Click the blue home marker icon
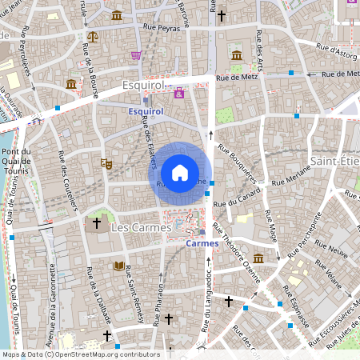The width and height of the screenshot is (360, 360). pos(180,173)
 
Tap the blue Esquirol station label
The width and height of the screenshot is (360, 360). pos(146,112)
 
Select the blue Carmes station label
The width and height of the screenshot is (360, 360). pos(202,243)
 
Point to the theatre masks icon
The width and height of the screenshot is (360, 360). pos(106,163)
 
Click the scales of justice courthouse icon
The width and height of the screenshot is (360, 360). pos(94,36)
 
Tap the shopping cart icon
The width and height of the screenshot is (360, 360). pos(136,55)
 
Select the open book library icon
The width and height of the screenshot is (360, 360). pos(118,266)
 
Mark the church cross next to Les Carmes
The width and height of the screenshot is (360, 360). pos(98,222)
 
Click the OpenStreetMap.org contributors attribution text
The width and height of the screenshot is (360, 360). pos(104,354)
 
